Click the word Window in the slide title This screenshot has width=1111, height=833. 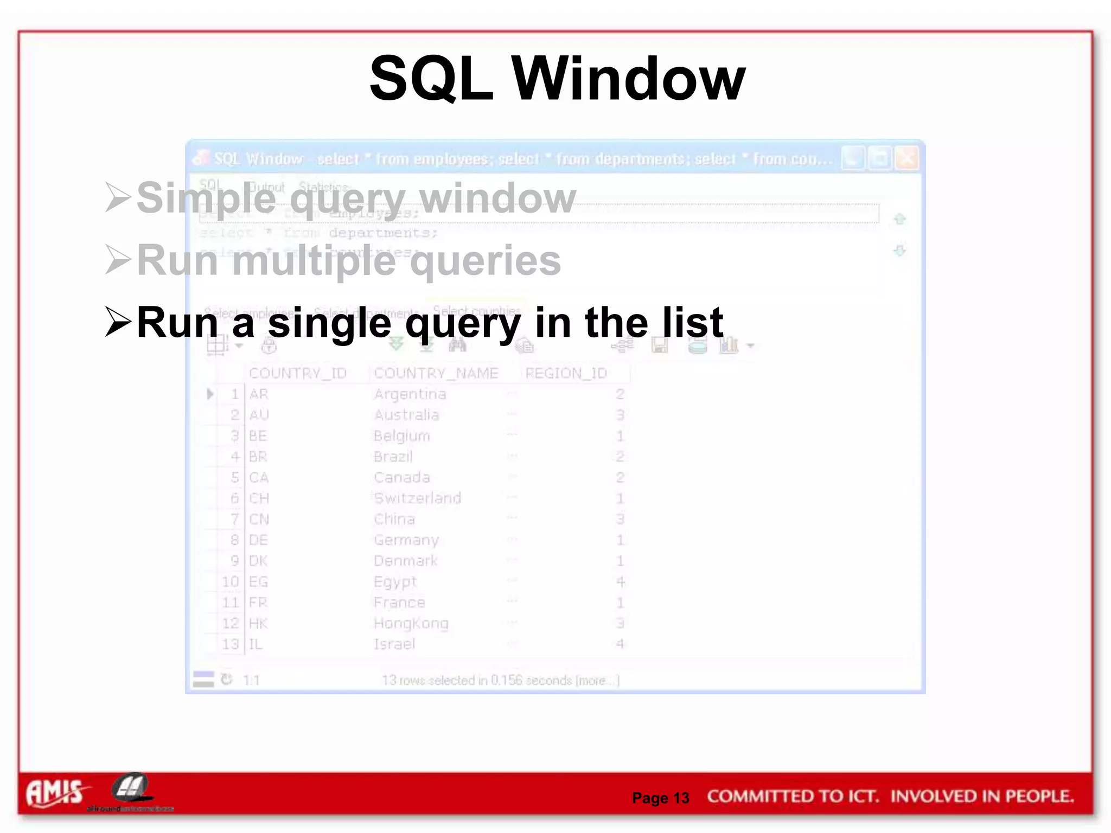pos(629,80)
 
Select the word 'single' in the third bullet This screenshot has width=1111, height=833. pos(329,323)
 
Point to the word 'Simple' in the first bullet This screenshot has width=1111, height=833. pos(206,198)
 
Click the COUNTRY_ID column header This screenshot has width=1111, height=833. pos(297,373)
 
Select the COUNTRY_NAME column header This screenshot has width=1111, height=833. pos(436,373)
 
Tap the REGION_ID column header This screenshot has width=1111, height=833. pos(566,373)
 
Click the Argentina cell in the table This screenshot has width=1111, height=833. pos(410,394)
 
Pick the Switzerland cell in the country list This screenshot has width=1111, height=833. pos(417,498)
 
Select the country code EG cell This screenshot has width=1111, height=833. pos(258,582)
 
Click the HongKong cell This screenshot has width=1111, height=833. pos(411,624)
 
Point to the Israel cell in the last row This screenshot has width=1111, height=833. pos(394,644)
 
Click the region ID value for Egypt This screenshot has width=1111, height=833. pos(620,582)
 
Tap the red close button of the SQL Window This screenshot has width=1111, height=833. pos(906,159)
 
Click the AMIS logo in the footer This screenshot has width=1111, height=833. pos(55,792)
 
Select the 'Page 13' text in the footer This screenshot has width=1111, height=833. pos(660,798)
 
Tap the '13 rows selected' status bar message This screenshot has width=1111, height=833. pos(500,680)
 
